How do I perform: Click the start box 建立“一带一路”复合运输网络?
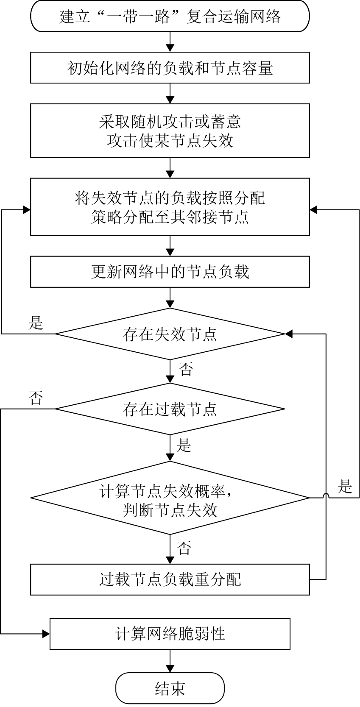(x=170, y=16)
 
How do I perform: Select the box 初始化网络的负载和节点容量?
(x=170, y=68)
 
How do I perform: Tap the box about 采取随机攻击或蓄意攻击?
(x=170, y=131)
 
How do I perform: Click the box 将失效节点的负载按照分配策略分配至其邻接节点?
(x=170, y=207)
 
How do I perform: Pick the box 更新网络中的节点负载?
(x=170, y=271)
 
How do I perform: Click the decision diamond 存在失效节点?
(x=170, y=334)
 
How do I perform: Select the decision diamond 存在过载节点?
(x=170, y=409)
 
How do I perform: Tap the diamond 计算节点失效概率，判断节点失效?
(x=170, y=498)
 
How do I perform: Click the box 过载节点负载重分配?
(x=170, y=579)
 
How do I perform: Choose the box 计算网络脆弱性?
(x=170, y=633)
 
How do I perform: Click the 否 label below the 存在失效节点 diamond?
(x=186, y=369)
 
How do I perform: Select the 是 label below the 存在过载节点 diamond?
(x=184, y=445)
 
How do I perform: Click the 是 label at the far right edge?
(x=345, y=486)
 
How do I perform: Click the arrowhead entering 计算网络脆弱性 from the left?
(x=46, y=633)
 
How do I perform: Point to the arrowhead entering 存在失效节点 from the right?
(x=289, y=334)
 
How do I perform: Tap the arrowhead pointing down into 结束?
(x=170, y=669)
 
